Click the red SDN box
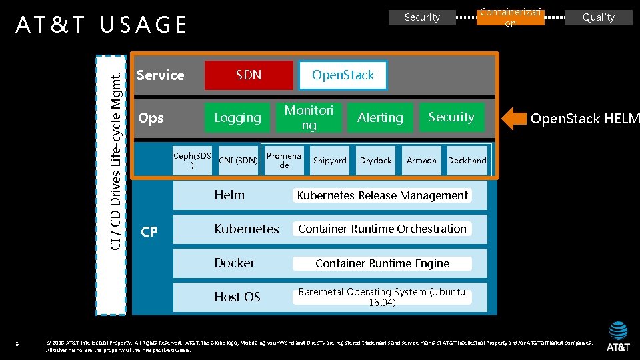point(249,75)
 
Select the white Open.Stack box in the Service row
point(343,75)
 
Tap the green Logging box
point(237,118)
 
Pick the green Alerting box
point(380,118)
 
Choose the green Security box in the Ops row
point(451,117)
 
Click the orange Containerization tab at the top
point(510,17)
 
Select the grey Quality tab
point(598,17)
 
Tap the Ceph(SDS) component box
point(192,160)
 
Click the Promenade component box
point(284,161)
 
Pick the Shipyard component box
point(330,161)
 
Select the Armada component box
point(421,161)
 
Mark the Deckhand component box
point(467,161)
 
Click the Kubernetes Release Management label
point(382,195)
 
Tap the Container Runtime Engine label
point(382,263)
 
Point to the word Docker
point(234,263)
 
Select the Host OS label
point(237,297)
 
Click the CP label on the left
point(149,232)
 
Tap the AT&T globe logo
point(618,331)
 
